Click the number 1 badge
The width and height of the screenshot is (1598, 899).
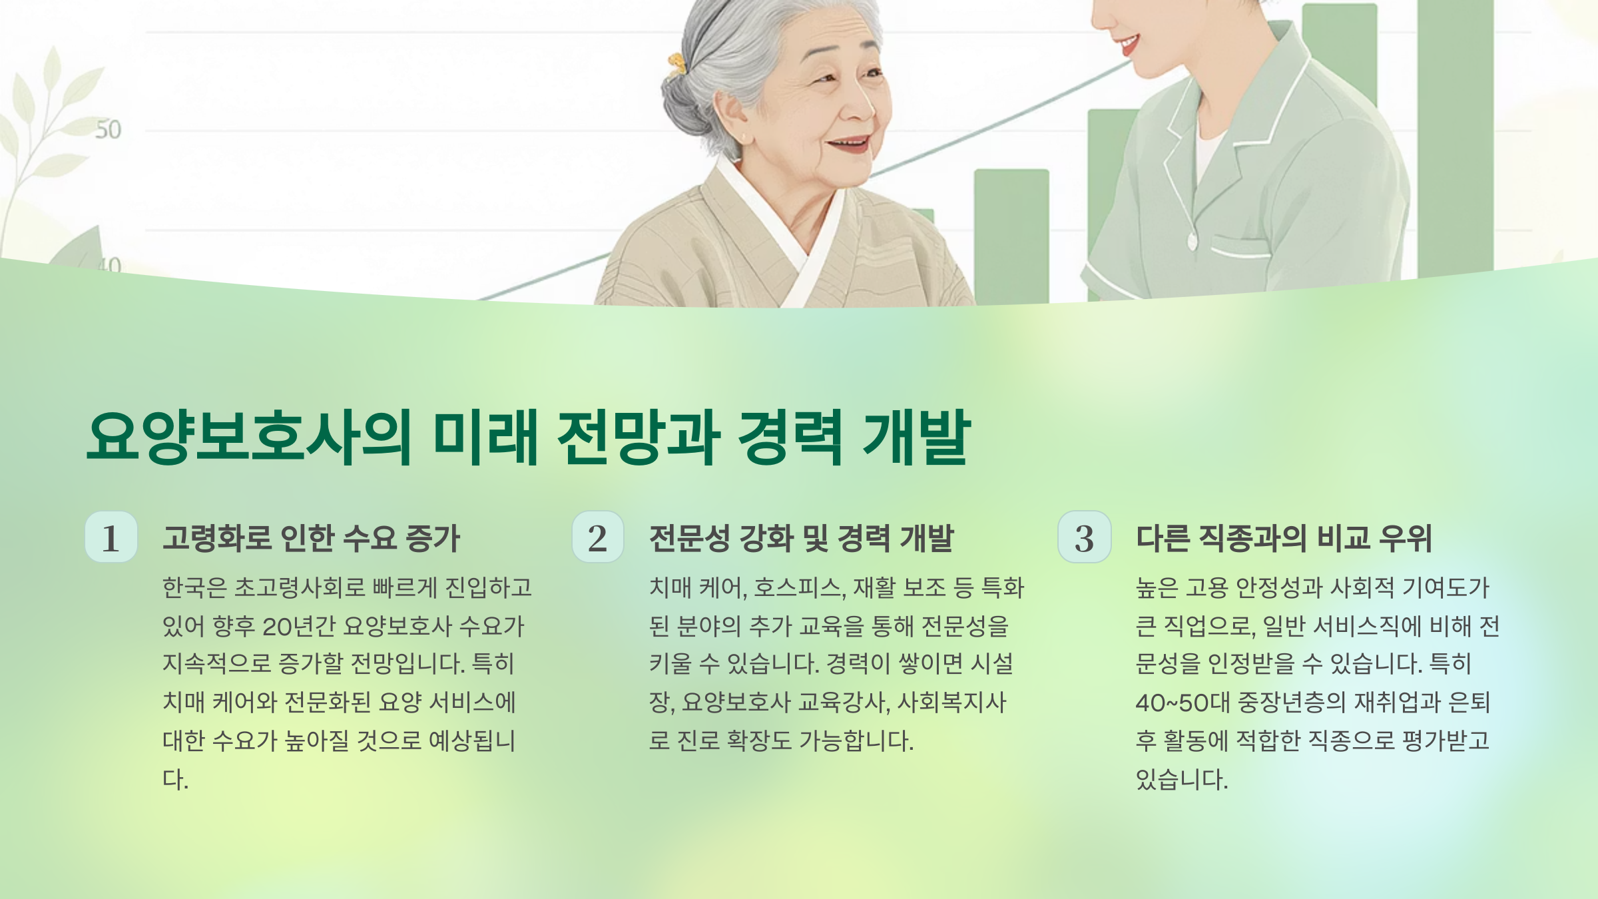click(111, 537)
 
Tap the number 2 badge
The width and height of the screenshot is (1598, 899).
click(598, 537)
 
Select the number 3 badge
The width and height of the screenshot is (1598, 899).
click(1085, 537)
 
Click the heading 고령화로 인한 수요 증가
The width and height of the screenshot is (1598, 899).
click(311, 538)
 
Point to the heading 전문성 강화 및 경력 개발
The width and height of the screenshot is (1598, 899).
click(801, 538)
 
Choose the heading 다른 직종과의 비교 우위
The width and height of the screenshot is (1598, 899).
click(1284, 538)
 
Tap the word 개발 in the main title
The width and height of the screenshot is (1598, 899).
click(916, 438)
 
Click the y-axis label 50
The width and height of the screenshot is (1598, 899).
click(108, 130)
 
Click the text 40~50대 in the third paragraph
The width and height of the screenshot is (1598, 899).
click(1183, 703)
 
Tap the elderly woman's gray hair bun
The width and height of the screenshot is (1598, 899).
click(686, 107)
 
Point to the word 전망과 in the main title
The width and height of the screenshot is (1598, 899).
click(639, 438)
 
